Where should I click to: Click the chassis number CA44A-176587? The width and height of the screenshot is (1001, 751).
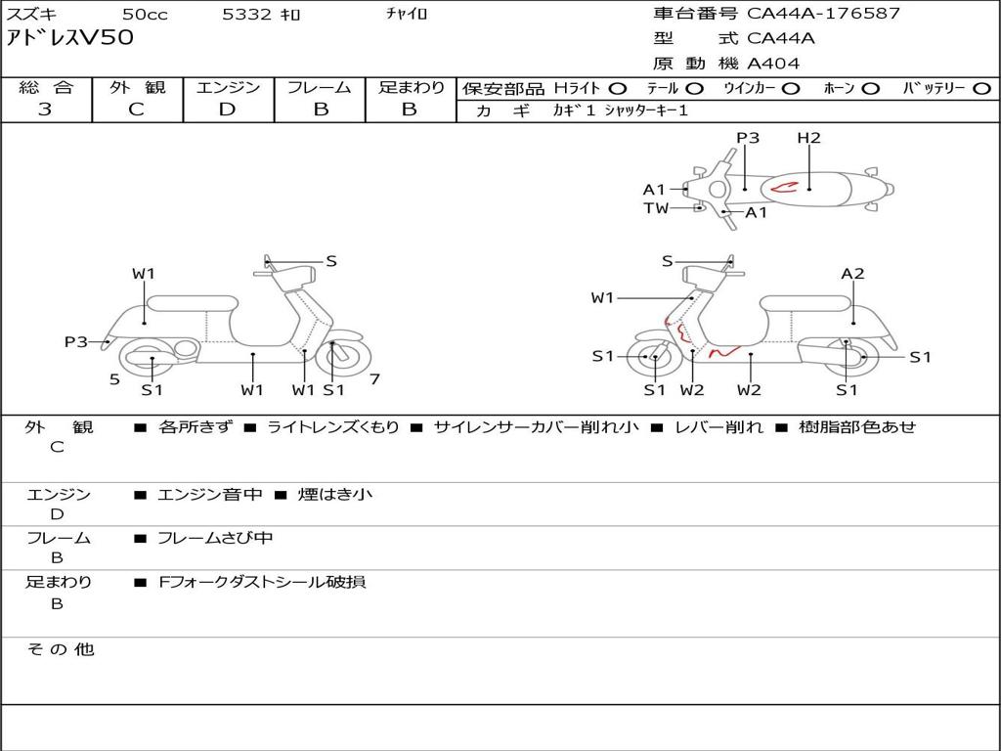pyautogui.click(x=823, y=14)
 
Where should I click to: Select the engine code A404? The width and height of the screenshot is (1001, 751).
pyautogui.click(x=773, y=64)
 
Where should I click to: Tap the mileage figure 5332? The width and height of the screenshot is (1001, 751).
pyautogui.click(x=248, y=14)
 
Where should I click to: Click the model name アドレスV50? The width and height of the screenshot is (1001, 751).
pyautogui.click(x=70, y=38)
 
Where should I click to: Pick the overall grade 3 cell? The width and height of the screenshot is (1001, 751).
pyautogui.click(x=45, y=110)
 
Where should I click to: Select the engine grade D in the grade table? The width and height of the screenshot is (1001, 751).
pyautogui.click(x=227, y=110)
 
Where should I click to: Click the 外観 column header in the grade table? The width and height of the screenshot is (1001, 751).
pyautogui.click(x=137, y=88)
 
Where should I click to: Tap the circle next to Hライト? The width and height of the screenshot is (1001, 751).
pyautogui.click(x=618, y=88)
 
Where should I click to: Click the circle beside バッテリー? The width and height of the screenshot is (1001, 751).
pyautogui.click(x=981, y=88)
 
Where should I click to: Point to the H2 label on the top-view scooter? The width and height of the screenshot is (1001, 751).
pyautogui.click(x=808, y=138)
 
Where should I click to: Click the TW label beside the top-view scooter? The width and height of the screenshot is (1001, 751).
pyautogui.click(x=656, y=208)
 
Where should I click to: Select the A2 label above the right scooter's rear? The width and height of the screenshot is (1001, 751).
pyautogui.click(x=852, y=274)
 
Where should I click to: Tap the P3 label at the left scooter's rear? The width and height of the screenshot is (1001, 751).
pyautogui.click(x=76, y=341)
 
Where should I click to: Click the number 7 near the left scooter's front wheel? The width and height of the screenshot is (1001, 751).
pyautogui.click(x=374, y=378)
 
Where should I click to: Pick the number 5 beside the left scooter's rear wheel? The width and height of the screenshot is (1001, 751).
pyautogui.click(x=114, y=378)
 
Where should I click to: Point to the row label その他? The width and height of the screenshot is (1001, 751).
pyautogui.click(x=61, y=649)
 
